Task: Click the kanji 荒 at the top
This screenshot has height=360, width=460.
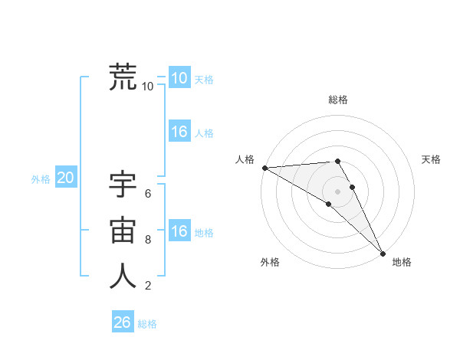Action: (123, 77)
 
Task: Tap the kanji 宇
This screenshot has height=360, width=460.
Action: (123, 185)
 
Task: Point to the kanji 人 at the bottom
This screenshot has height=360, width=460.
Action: (123, 277)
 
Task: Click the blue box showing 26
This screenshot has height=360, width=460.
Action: (122, 322)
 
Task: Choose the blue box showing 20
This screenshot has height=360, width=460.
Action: (65, 178)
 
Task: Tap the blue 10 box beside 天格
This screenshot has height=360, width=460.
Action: (179, 78)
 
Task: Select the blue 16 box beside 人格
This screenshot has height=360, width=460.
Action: (179, 132)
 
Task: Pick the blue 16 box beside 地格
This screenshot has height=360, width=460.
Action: (179, 231)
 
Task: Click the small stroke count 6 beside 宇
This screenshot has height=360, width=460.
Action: (148, 194)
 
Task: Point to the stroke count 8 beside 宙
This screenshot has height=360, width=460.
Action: (148, 240)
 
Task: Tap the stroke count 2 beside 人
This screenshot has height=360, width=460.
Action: (148, 286)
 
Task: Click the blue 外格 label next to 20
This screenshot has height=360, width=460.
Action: (41, 179)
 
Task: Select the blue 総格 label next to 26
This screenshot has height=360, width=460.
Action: (147, 324)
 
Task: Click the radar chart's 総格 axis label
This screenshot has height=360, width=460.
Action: (338, 100)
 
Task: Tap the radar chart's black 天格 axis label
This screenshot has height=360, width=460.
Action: (431, 159)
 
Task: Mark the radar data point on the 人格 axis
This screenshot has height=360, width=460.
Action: (264, 167)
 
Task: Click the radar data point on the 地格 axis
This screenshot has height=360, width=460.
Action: (383, 252)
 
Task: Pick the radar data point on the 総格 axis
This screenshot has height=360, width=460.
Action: (337, 161)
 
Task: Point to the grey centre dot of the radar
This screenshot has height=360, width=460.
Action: (337, 191)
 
